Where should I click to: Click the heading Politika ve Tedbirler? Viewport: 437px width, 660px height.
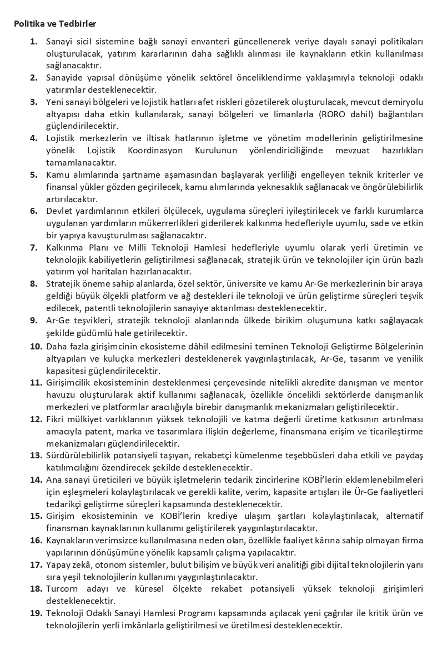tap(55, 24)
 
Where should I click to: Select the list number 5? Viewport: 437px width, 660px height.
tap(34, 174)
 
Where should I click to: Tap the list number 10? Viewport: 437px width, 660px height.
tap(36, 347)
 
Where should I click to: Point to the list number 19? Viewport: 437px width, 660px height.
tap(36, 613)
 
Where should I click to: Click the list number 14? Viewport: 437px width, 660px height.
tap(36, 479)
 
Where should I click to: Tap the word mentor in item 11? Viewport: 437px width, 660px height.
tap(409, 383)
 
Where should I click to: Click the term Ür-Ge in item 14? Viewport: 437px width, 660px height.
tap(350, 492)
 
